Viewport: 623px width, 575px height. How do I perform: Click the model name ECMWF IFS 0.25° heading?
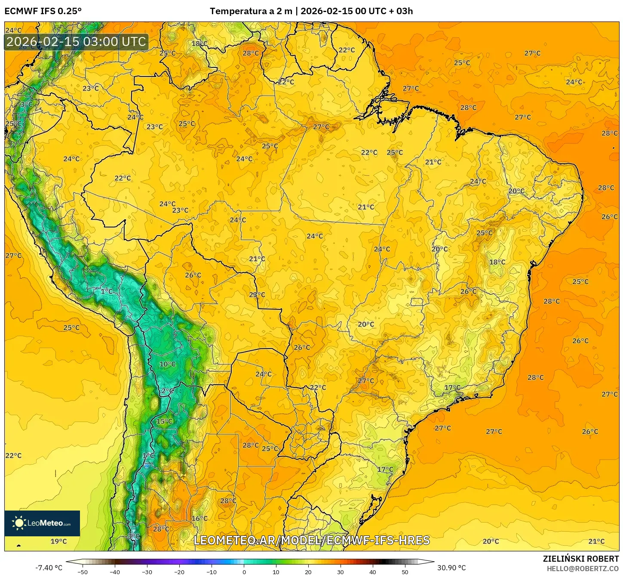pyautogui.click(x=43, y=11)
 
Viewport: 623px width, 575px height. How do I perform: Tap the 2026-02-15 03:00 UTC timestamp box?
pyautogui.click(x=76, y=42)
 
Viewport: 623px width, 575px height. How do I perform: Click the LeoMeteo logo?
pyautogui.click(x=42, y=523)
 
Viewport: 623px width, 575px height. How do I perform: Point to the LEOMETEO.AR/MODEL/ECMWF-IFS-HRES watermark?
pyautogui.click(x=312, y=540)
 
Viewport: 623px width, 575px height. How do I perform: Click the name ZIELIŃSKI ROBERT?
pyautogui.click(x=580, y=559)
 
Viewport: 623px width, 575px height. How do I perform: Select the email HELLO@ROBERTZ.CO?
pyautogui.click(x=583, y=569)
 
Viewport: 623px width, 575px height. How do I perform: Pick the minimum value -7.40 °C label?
pyautogui.click(x=49, y=568)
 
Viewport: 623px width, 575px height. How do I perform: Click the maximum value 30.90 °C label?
pyautogui.click(x=451, y=568)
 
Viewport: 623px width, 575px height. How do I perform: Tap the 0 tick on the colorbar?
pyautogui.click(x=244, y=572)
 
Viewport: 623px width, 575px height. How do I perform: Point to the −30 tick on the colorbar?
pyautogui.click(x=147, y=572)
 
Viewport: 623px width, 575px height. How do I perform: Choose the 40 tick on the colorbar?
pyautogui.click(x=373, y=572)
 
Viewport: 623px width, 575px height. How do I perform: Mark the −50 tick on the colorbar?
pyautogui.click(x=83, y=572)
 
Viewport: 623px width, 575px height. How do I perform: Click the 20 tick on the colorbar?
pyautogui.click(x=308, y=572)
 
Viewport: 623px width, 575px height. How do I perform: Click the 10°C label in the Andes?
pyautogui.click(x=167, y=364)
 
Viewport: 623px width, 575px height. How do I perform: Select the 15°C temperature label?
pyautogui.click(x=164, y=421)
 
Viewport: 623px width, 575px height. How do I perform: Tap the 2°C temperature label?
pyautogui.click(x=167, y=391)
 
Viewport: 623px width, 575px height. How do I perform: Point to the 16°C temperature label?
pyautogui.click(x=199, y=518)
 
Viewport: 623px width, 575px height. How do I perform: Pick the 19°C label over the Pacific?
pyautogui.click(x=59, y=541)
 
